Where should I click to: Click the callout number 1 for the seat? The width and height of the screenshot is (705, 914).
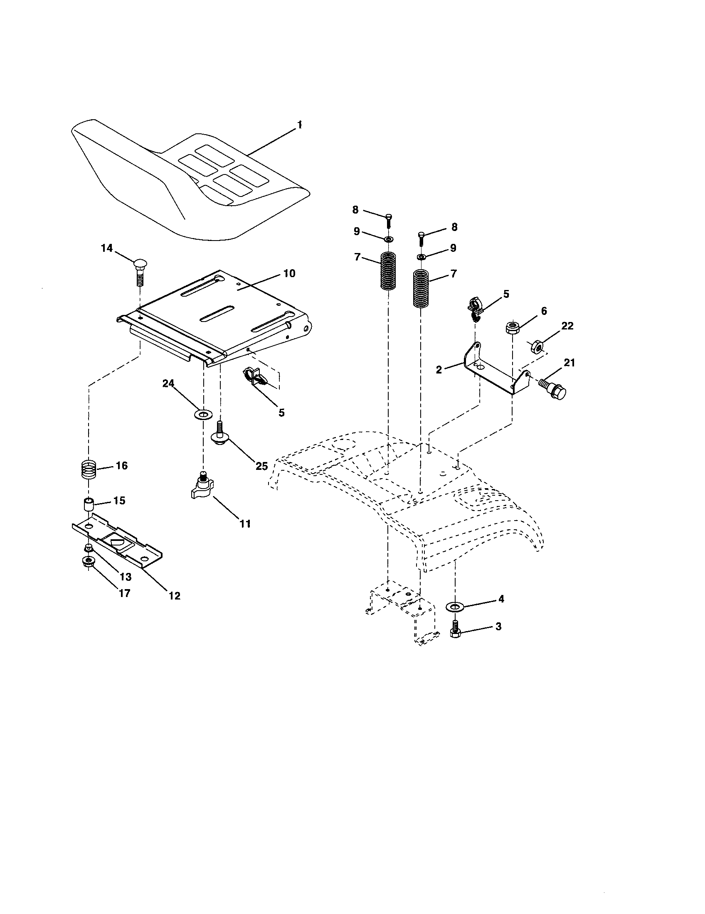[300, 125]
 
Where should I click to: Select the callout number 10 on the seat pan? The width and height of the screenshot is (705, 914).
[289, 274]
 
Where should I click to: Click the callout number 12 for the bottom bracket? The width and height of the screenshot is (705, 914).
[175, 595]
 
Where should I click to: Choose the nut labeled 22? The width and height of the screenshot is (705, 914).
[537, 346]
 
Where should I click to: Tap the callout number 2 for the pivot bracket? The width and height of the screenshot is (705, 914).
[439, 370]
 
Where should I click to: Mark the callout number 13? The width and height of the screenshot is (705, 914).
[126, 577]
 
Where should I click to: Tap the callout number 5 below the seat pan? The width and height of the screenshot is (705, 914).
[281, 413]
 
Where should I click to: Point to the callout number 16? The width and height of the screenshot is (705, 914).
[121, 466]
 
